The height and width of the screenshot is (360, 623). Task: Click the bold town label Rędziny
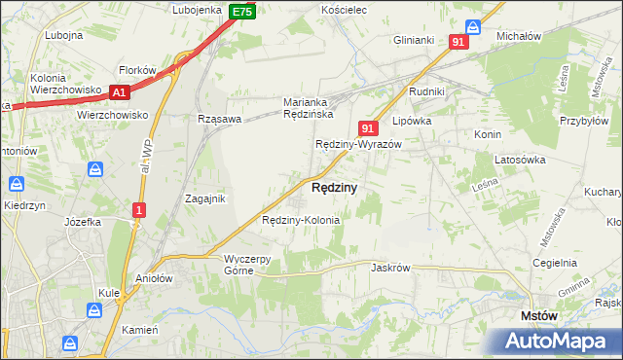click(x=334, y=187)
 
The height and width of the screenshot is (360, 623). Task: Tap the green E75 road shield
click(x=243, y=12)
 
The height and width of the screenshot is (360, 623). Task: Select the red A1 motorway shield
click(x=120, y=92)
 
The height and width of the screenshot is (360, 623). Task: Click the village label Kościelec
click(x=343, y=10)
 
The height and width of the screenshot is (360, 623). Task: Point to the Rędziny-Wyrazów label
click(x=358, y=144)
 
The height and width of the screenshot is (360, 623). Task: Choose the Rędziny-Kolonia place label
click(x=301, y=220)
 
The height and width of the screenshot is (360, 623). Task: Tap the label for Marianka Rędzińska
click(x=309, y=108)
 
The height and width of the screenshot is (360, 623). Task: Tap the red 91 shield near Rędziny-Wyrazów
click(x=367, y=127)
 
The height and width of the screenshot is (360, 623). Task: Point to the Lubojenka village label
click(x=198, y=10)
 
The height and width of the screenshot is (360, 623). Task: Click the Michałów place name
click(x=518, y=36)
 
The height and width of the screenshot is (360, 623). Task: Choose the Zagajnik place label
click(x=205, y=198)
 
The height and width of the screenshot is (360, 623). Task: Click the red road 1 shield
click(x=140, y=209)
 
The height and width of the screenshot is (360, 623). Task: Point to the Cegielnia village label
click(x=555, y=263)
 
